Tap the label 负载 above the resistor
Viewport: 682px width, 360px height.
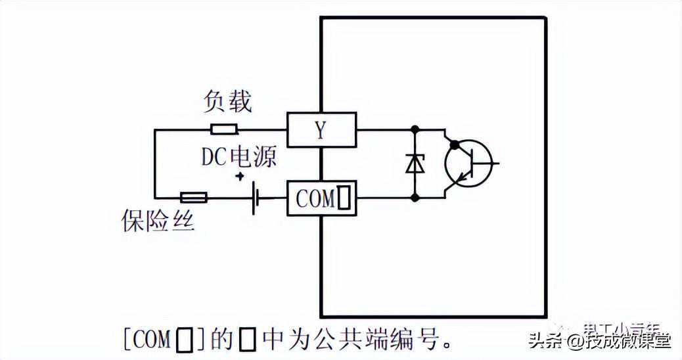227,102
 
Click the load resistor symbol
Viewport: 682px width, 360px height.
223,129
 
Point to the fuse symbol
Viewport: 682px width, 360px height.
193,197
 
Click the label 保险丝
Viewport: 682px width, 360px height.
158,220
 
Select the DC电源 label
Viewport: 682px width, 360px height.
239,156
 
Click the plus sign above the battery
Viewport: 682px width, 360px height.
240,176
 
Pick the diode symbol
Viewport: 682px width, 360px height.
415,163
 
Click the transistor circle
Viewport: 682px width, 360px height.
468,163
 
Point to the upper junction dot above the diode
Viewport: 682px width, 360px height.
415,129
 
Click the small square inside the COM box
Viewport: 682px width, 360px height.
344,198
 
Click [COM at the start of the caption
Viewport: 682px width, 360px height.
147,340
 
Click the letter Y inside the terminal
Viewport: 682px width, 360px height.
320,130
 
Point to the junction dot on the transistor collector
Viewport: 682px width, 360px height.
453,144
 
